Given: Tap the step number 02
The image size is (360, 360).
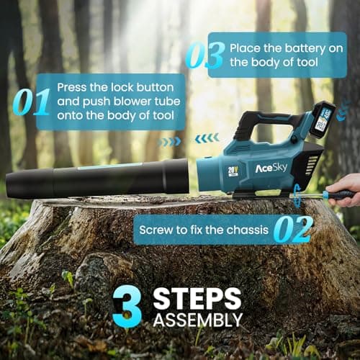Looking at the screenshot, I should click(294, 229).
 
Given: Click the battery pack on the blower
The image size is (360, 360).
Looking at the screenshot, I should click(322, 120).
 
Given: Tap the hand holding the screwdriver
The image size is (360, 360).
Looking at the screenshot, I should click(349, 189).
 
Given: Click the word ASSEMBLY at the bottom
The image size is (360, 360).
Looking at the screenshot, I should click(197, 318).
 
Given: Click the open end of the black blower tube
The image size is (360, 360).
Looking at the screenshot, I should click(11, 186).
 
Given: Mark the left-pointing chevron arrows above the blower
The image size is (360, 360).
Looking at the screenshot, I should click(207, 138).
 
